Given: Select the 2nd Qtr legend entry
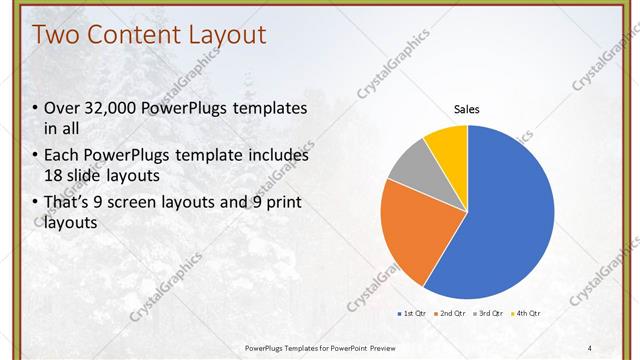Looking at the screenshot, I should click(x=453, y=314).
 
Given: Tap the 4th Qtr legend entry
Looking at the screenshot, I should click(x=527, y=314).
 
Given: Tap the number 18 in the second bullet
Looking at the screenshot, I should click(x=55, y=176).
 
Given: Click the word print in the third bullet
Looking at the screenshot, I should click(x=282, y=202).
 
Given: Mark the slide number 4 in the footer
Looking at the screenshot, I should click(x=589, y=347).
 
